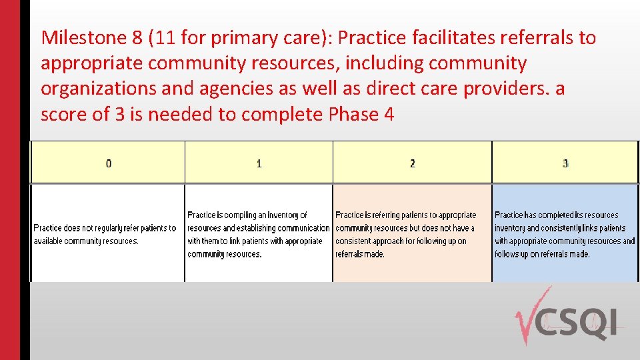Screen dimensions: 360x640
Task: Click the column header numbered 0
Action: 109,163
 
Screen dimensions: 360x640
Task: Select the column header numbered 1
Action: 259,163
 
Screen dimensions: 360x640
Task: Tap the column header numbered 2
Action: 412,163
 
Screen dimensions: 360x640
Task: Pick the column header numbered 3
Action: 565,163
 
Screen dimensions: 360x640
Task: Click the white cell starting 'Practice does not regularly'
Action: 107,233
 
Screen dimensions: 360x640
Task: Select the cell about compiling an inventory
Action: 259,233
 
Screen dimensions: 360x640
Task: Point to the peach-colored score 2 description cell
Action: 412,233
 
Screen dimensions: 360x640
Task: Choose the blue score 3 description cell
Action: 565,233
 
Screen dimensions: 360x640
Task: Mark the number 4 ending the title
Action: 389,115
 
